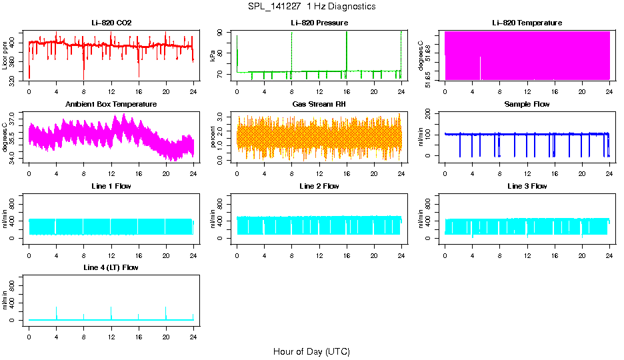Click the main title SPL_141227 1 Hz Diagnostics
coord(311,7)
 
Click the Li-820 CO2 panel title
coord(111,23)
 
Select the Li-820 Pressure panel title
coord(319,23)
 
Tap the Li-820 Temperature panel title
coord(527,23)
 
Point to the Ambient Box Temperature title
coord(111,105)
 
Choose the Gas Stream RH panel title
coord(319,105)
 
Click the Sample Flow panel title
coord(527,105)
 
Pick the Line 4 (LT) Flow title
coord(111,267)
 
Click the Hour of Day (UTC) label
coord(311,351)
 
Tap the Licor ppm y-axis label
coord(5,55)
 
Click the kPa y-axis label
coord(213,55)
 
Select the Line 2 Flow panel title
coord(319,186)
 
